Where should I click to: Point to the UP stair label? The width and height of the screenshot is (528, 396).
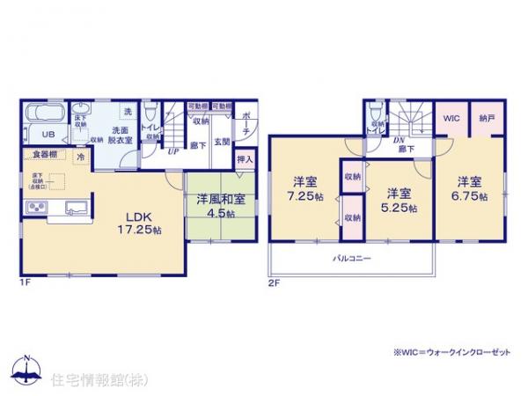click(x=174, y=151)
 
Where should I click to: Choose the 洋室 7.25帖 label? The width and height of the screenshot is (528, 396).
click(x=304, y=190)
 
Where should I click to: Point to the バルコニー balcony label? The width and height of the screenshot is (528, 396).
click(x=351, y=259)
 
